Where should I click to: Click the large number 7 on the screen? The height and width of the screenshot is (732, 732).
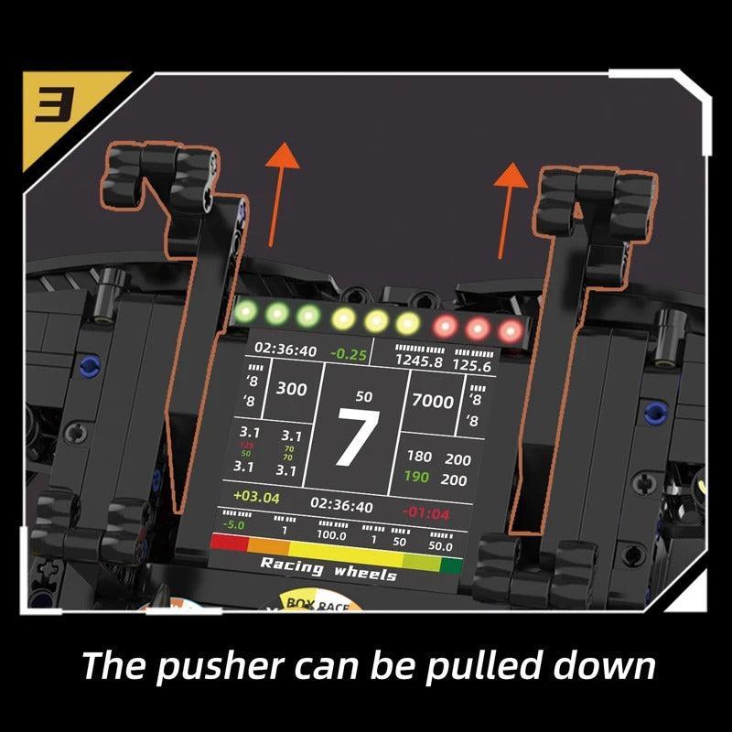[x=356, y=439]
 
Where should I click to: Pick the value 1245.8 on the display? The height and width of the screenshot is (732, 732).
[x=418, y=361]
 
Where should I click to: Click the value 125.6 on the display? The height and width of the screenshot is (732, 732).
[x=472, y=365]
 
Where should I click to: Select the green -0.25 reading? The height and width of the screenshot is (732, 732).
[x=348, y=353]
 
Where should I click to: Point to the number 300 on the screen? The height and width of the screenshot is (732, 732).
[x=291, y=389]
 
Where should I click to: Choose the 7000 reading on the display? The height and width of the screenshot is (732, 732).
[x=432, y=401]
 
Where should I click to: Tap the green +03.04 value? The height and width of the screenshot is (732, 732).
[x=256, y=497]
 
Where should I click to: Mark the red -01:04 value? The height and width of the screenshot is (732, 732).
[x=426, y=512]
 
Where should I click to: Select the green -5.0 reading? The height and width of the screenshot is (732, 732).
[x=233, y=524]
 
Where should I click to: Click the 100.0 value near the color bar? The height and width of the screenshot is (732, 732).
[x=330, y=533]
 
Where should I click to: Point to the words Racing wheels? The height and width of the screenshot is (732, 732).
[x=328, y=568]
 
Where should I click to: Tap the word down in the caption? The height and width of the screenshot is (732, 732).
[x=608, y=665]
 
